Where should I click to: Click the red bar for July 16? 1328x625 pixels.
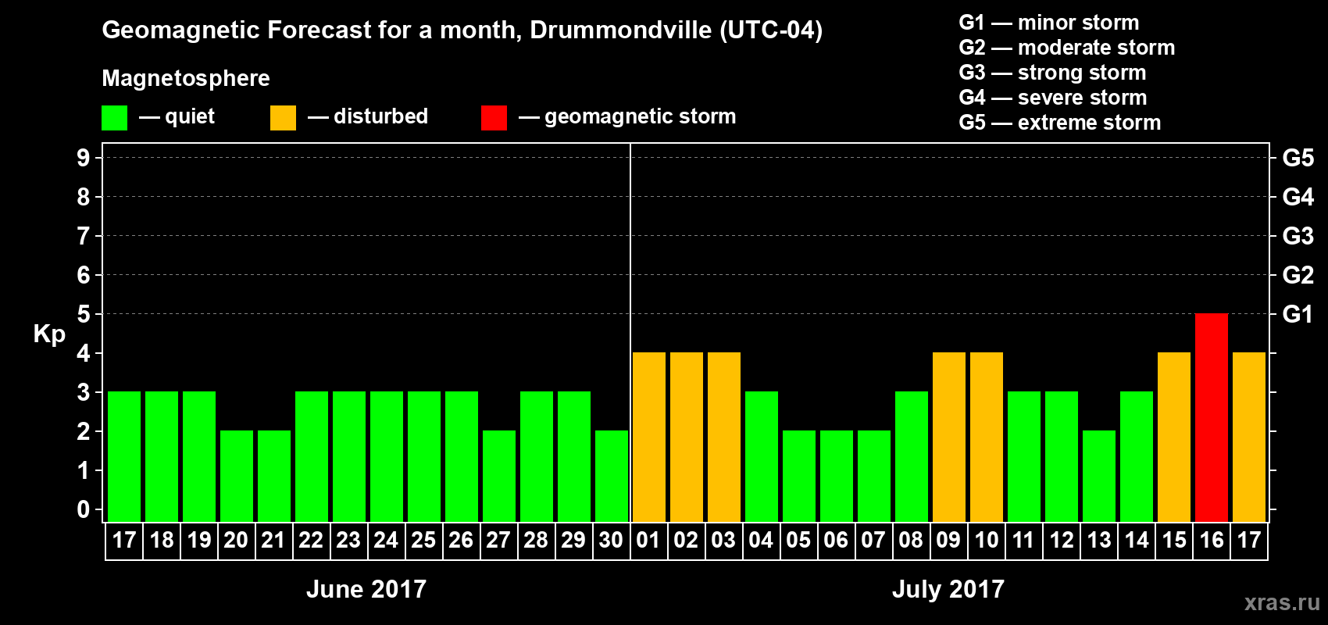point(1212,418)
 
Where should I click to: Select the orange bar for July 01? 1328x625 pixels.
point(649,437)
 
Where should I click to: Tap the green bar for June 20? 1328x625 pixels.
point(237,477)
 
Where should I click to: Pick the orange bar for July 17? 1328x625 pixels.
point(1249,437)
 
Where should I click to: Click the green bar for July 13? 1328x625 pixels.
point(1099,477)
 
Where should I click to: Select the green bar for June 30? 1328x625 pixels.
point(612,477)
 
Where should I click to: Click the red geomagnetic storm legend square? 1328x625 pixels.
point(494,118)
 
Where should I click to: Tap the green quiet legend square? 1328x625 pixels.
point(115,118)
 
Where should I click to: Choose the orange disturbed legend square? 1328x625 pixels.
point(283,118)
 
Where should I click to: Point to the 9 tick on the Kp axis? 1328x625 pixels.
point(84,158)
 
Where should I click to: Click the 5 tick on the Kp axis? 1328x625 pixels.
point(84,314)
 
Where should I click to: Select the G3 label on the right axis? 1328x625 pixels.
point(1298,236)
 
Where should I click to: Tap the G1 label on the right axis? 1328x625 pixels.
point(1298,314)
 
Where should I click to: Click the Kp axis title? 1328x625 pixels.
point(49,334)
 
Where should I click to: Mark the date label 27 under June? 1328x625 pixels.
point(498,541)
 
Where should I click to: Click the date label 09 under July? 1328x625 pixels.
point(948,541)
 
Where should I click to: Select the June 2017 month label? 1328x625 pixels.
point(366,589)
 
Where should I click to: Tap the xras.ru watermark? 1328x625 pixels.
point(1282,602)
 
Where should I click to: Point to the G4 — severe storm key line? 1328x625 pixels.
point(1053,98)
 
